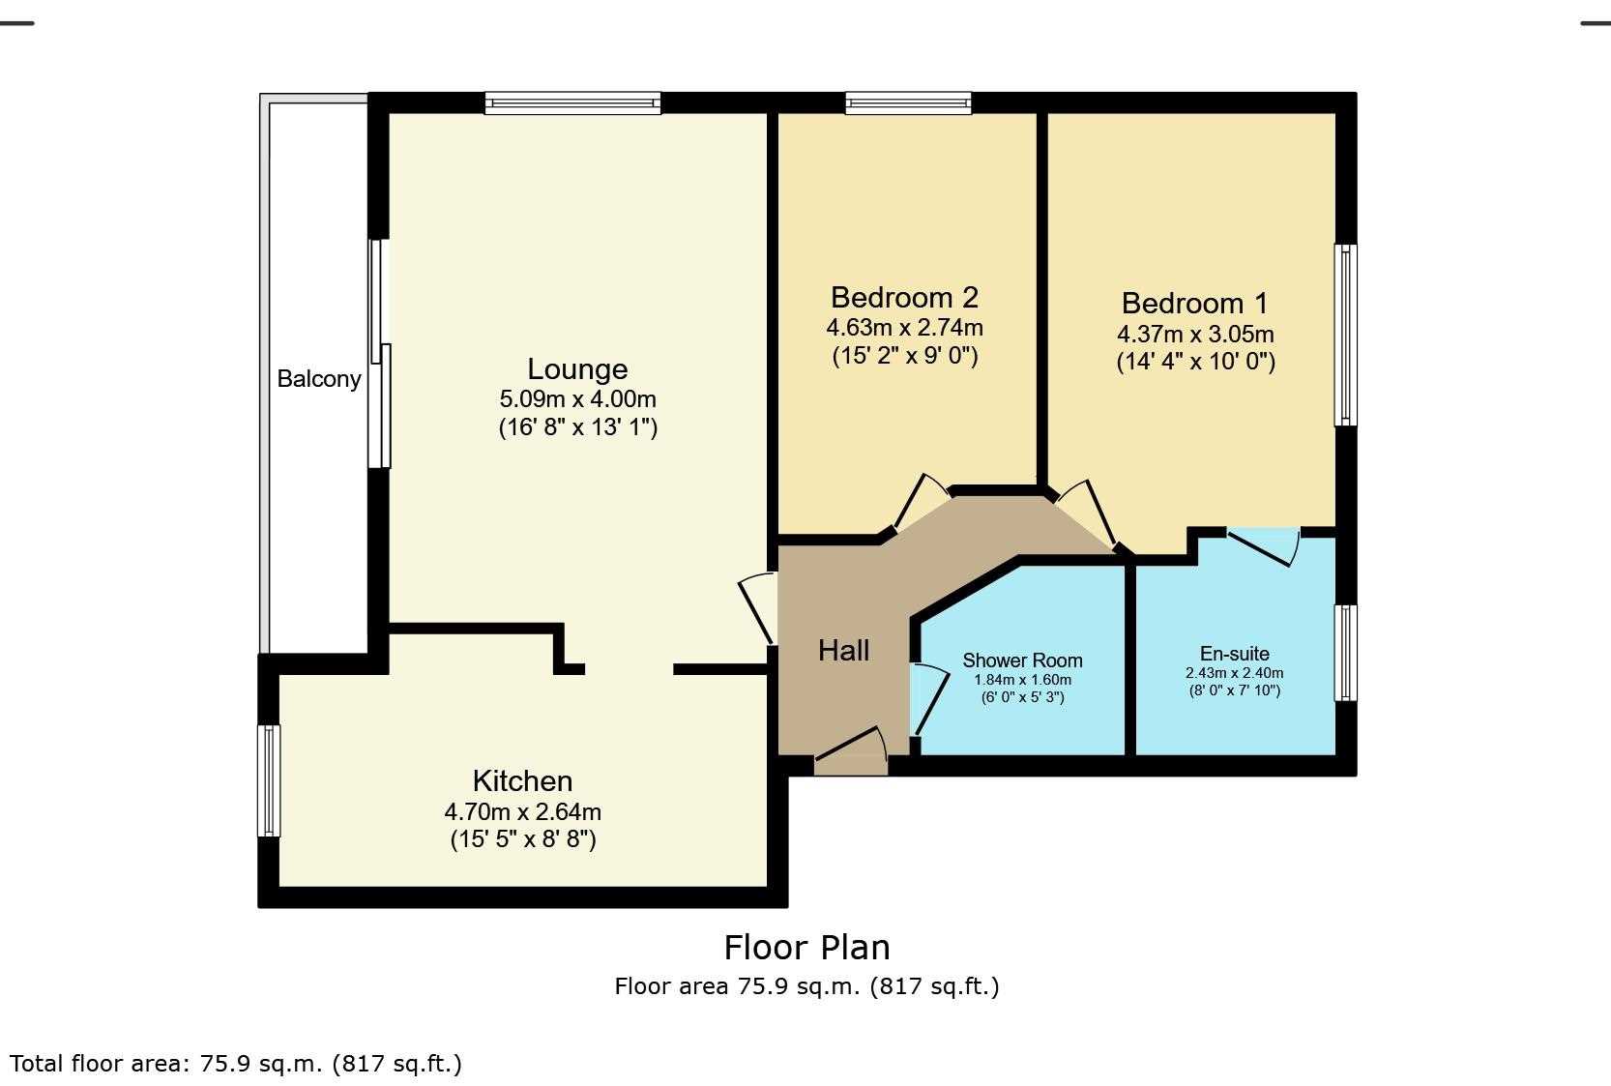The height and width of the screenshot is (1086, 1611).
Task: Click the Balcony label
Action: click(x=318, y=379)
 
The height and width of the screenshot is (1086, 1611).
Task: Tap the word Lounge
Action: click(x=577, y=369)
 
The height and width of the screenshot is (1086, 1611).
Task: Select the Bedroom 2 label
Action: click(x=905, y=297)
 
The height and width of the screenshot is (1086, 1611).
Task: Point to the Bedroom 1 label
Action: click(x=1195, y=303)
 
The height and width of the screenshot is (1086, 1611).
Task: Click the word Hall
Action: click(x=843, y=651)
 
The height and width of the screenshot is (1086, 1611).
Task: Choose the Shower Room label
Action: click(x=1022, y=660)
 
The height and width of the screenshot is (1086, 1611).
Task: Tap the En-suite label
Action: click(x=1235, y=654)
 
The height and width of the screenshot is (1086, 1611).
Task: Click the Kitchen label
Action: click(x=523, y=781)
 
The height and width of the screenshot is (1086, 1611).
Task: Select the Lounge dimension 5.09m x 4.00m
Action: click(x=577, y=399)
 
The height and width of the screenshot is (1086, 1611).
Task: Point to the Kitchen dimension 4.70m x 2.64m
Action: click(x=523, y=812)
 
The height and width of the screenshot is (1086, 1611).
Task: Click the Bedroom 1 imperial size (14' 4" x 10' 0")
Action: click(x=1196, y=361)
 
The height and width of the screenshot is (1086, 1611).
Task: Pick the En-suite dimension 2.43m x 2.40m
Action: click(x=1235, y=673)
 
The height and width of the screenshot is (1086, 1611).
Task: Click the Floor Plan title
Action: click(x=806, y=947)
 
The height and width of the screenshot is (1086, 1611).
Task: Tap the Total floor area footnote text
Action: click(x=236, y=1063)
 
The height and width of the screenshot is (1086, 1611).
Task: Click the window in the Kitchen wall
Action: click(x=269, y=780)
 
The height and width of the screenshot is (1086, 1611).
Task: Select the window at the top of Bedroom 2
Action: click(x=908, y=103)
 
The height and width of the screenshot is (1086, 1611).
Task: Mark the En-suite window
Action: click(x=1346, y=653)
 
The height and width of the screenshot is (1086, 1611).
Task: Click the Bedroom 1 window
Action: click(x=1346, y=336)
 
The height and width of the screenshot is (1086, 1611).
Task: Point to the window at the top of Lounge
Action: click(x=572, y=103)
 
